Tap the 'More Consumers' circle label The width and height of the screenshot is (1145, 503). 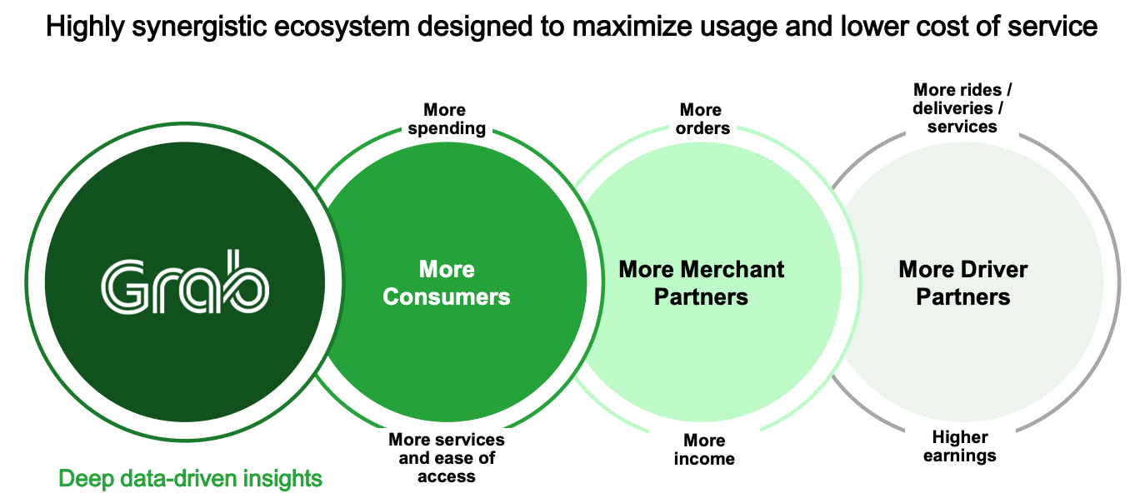(447, 283)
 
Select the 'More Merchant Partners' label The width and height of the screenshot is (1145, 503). (701, 283)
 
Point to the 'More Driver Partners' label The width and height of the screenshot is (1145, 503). (962, 283)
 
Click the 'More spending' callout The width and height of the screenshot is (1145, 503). (447, 119)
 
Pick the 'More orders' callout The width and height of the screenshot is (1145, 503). (701, 119)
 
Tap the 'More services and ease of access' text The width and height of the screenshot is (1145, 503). (447, 457)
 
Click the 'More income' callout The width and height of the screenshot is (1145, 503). (704, 449)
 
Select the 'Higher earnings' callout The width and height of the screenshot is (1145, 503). (960, 446)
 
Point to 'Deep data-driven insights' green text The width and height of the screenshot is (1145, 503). (190, 479)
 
